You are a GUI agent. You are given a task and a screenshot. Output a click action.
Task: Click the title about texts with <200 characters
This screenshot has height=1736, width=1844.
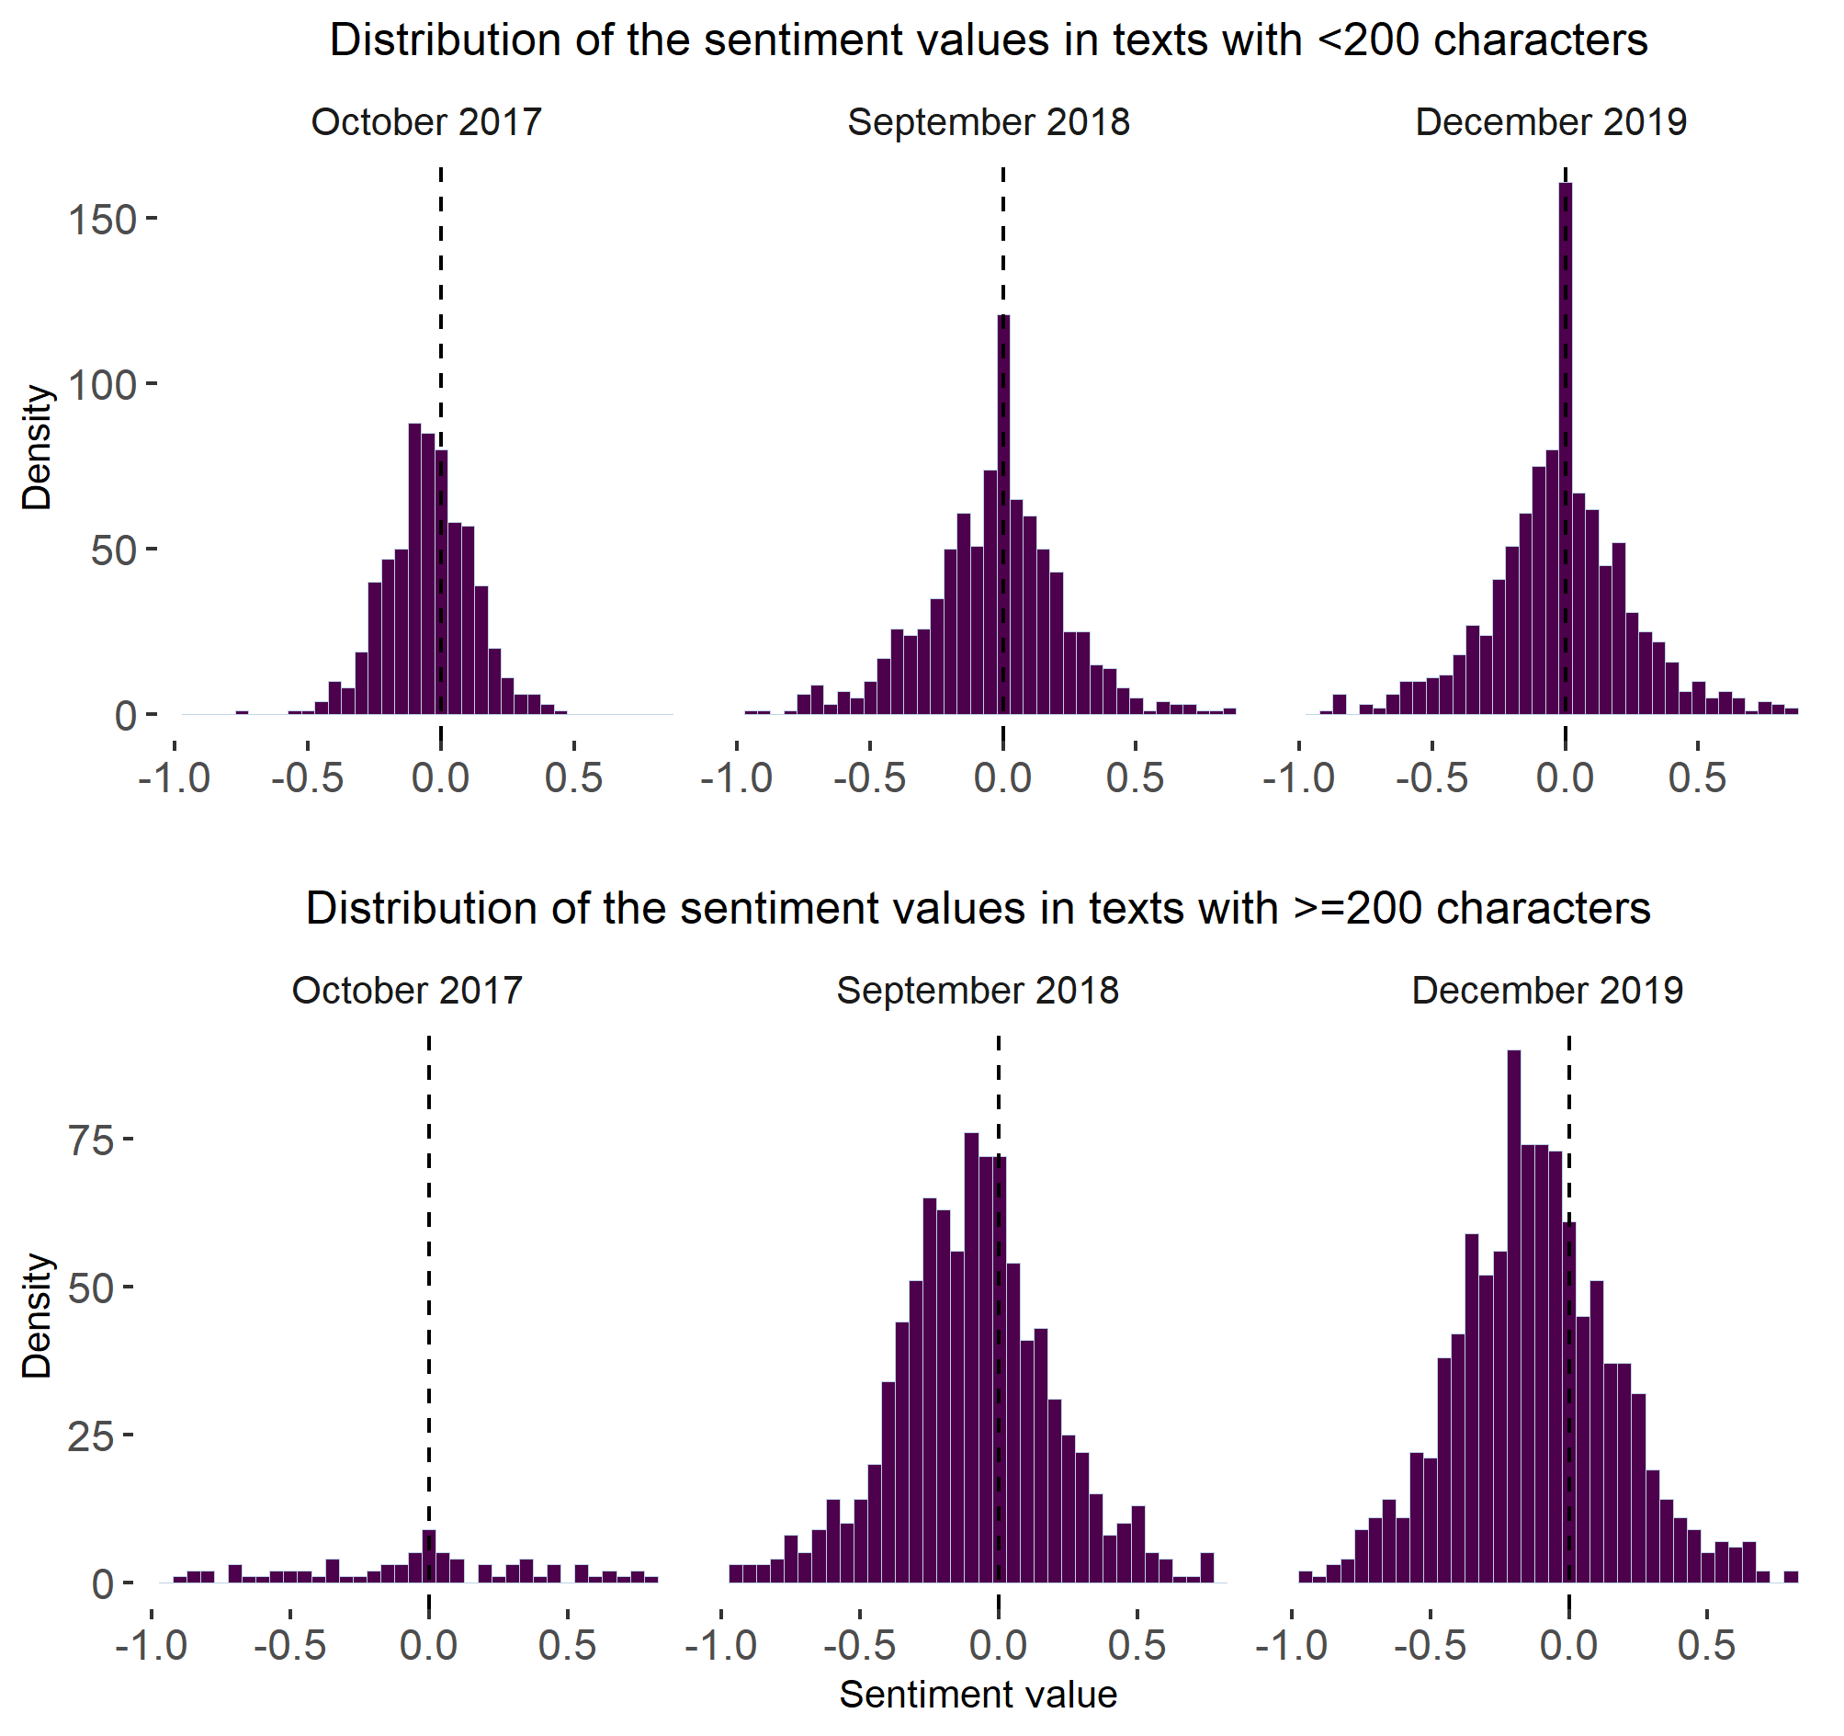coord(988,41)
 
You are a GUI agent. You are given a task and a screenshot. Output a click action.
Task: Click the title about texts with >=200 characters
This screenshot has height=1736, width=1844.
coord(978,909)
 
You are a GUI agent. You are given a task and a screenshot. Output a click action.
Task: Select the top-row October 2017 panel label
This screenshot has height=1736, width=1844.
coord(425,122)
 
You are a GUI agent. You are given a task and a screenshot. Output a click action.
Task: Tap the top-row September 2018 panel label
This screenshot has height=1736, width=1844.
coord(989,122)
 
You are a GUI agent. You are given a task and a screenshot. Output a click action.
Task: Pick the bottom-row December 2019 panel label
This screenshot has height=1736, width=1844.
coord(1547,991)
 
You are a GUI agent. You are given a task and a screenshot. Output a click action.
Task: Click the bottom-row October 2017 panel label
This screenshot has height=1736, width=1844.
coord(407,991)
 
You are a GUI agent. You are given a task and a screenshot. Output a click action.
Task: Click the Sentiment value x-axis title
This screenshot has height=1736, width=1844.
coord(978,1695)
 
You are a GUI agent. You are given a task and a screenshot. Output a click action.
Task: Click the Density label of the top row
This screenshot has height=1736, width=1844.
coord(37,448)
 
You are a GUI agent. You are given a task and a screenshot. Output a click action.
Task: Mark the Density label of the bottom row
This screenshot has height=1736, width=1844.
coord(37,1316)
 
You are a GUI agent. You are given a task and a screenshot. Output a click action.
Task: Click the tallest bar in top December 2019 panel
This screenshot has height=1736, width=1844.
coord(1565,446)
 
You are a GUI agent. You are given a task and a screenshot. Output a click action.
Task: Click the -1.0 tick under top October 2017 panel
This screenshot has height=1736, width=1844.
coord(175,777)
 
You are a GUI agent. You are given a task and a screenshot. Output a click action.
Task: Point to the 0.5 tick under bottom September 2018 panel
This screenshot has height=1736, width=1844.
coord(1137,1645)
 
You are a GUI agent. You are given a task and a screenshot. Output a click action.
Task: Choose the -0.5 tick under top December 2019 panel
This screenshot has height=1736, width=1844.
coord(1432,777)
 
